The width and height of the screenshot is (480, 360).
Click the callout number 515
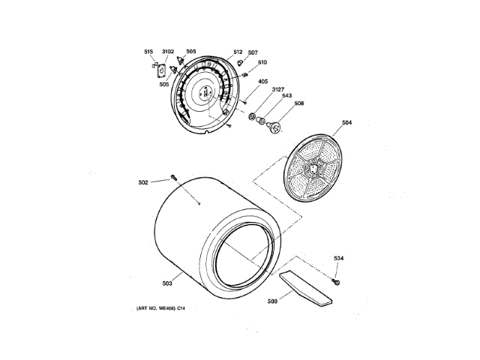coord(148,52)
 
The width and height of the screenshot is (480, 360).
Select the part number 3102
coord(168,52)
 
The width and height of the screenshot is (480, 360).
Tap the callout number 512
coord(238,52)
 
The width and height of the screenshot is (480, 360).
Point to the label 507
coord(253,52)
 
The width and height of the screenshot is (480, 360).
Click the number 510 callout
coord(262,62)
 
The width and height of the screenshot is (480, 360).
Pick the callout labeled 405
coord(263,82)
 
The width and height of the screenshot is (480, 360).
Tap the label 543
coord(286,96)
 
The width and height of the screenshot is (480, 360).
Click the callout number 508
coord(298,103)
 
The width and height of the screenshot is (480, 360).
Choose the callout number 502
coord(143,181)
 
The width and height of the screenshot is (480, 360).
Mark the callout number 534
coord(339,259)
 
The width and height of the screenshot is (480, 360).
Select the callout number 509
coord(272,301)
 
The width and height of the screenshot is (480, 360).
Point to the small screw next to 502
coord(173,178)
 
